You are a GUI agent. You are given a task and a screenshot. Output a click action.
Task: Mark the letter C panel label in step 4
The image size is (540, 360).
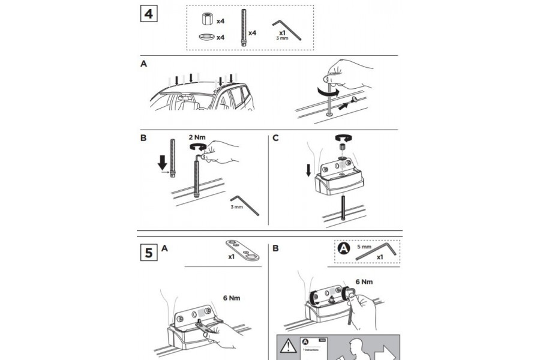pyautogui.click(x=276, y=137)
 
